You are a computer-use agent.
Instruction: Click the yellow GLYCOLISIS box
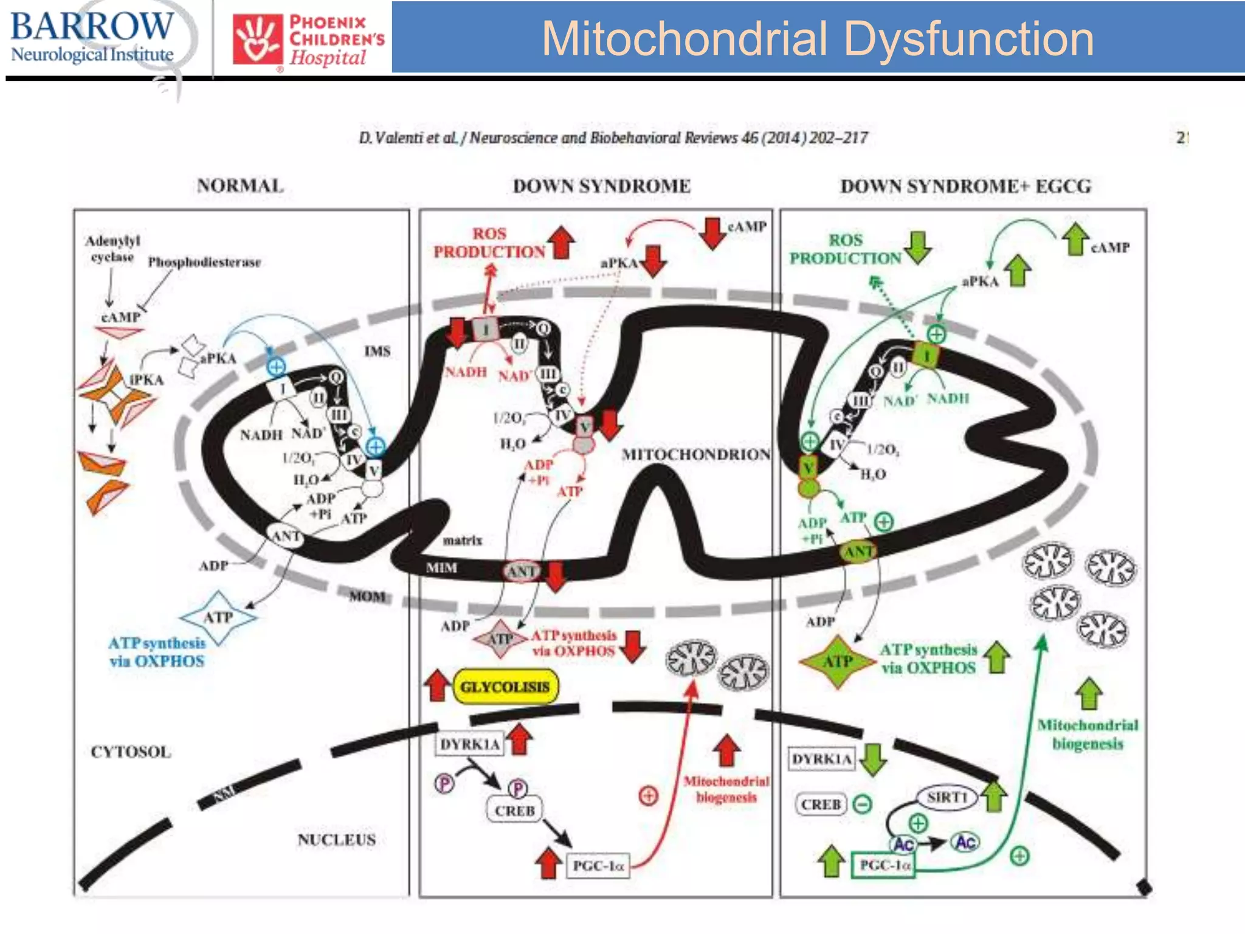click(505, 687)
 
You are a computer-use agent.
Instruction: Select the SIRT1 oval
click(947, 797)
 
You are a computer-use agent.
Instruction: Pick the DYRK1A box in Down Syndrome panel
click(469, 744)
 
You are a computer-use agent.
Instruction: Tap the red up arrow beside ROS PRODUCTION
click(562, 243)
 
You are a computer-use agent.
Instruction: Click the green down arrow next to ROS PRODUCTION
click(917, 247)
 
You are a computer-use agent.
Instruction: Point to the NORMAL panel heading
click(240, 185)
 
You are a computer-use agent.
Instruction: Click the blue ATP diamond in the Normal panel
click(218, 617)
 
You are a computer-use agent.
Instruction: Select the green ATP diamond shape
click(838, 662)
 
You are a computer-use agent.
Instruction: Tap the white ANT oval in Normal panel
click(286, 536)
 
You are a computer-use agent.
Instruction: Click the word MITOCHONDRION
click(695, 454)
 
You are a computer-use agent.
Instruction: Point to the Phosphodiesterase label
click(204, 262)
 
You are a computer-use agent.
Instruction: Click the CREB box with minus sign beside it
click(821, 804)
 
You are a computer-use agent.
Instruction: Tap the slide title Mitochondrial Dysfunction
click(817, 38)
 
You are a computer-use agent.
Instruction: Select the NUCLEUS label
click(336, 840)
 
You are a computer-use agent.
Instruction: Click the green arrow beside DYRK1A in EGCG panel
click(873, 759)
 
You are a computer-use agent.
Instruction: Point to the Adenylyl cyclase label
click(112, 249)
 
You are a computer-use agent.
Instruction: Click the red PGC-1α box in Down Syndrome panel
click(598, 865)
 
